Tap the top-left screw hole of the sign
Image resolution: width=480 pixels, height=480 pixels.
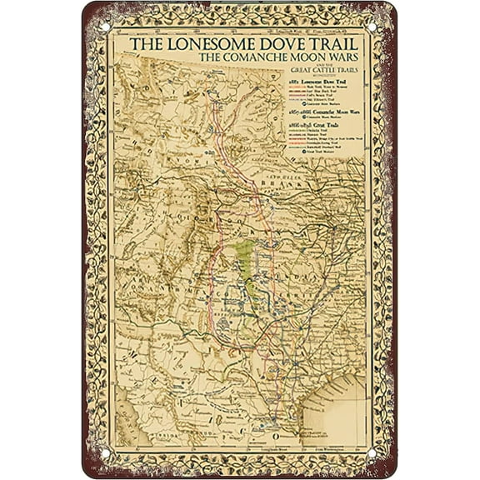point(104,26)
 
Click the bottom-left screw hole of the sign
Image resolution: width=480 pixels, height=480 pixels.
point(104,455)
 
